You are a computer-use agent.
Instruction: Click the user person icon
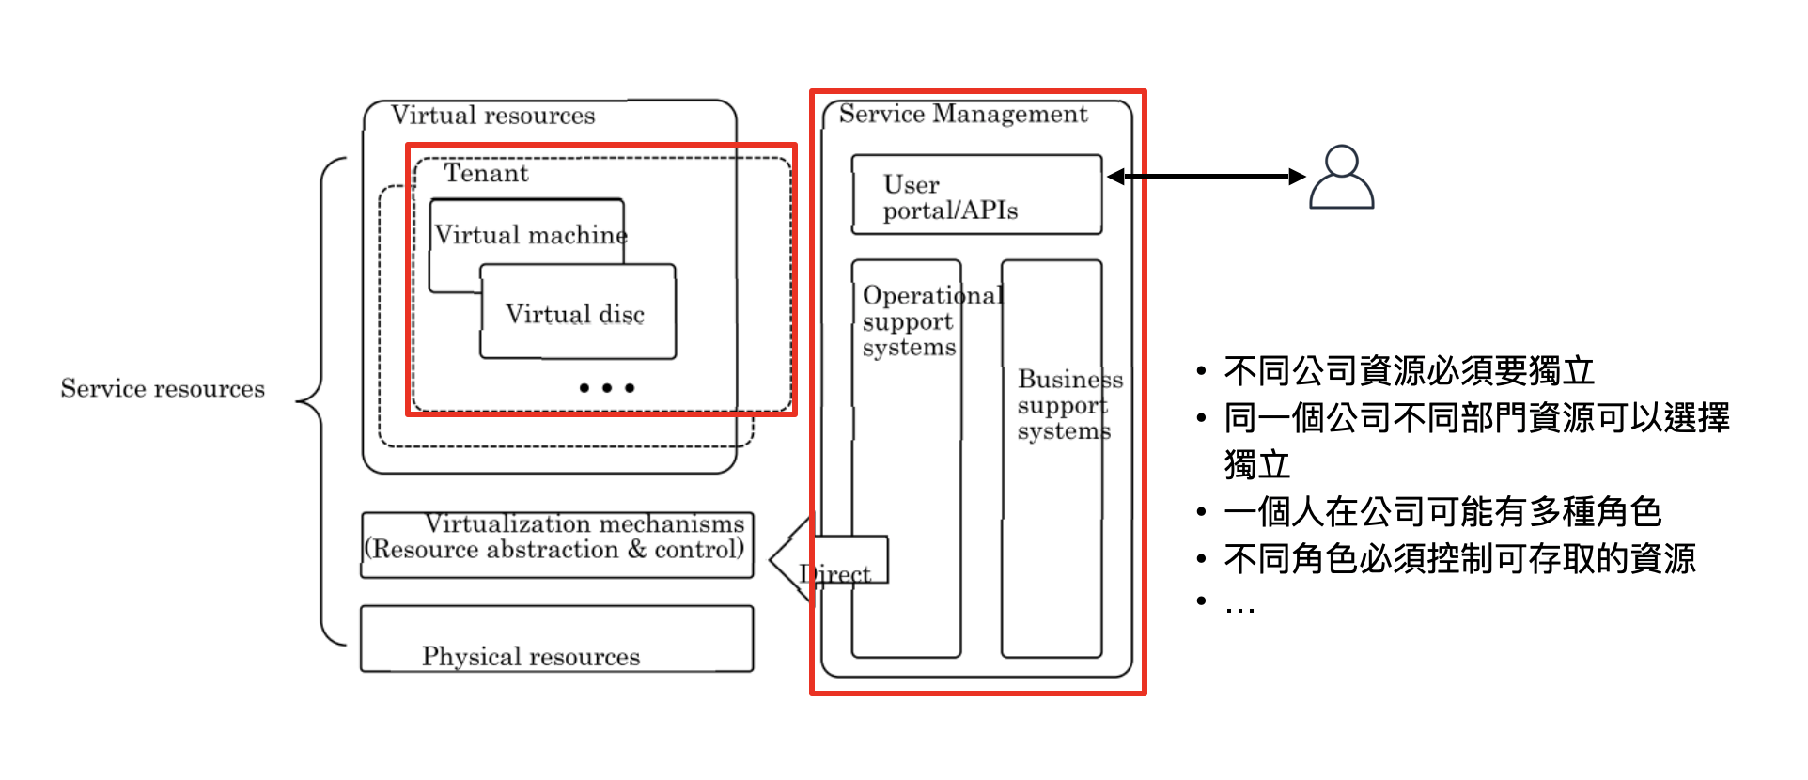pyautogui.click(x=1341, y=176)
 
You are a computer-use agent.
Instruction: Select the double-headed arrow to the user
pyautogui.click(x=1207, y=177)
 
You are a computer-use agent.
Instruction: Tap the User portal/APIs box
pyautogui.click(x=976, y=195)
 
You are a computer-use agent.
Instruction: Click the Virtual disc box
pyautogui.click(x=578, y=312)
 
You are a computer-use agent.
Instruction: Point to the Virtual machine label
pyautogui.click(x=531, y=235)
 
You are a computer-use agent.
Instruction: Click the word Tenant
pyautogui.click(x=486, y=173)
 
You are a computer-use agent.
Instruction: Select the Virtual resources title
pyautogui.click(x=493, y=116)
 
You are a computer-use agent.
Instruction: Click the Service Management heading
pyautogui.click(x=963, y=114)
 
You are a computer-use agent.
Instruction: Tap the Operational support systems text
pyautogui.click(x=932, y=321)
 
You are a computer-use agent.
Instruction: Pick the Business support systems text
pyautogui.click(x=1069, y=405)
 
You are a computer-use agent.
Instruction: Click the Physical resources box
pyautogui.click(x=557, y=639)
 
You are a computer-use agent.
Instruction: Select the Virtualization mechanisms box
pyautogui.click(x=557, y=545)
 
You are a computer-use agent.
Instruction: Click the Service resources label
pyautogui.click(x=163, y=389)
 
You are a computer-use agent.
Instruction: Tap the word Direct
pyautogui.click(x=835, y=573)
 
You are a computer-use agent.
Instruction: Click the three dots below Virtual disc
pyautogui.click(x=607, y=387)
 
